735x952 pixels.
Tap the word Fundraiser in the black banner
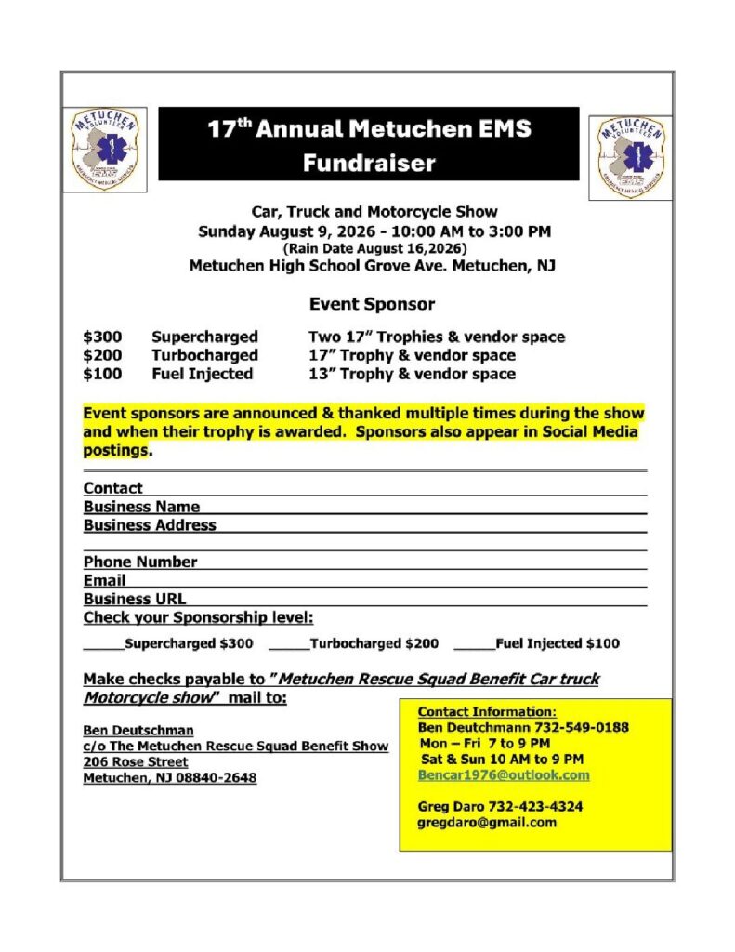[368, 163]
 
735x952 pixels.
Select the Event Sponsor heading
[372, 304]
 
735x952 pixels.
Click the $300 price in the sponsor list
[100, 337]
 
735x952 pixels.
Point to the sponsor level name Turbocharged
[204, 355]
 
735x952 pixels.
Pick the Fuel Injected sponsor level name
[203, 374]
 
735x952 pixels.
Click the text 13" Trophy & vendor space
[412, 374]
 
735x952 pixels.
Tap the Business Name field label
[141, 507]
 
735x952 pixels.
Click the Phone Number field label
[140, 562]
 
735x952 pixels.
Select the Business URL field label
[135, 599]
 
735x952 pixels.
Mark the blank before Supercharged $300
[103, 643]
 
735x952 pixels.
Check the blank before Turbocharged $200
[288, 643]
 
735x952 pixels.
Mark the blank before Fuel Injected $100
[474, 643]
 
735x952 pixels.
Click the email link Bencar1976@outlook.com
[504, 774]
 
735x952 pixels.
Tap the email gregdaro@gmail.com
[487, 823]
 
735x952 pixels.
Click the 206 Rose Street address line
[136, 761]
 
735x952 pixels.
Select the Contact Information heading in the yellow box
[487, 711]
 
